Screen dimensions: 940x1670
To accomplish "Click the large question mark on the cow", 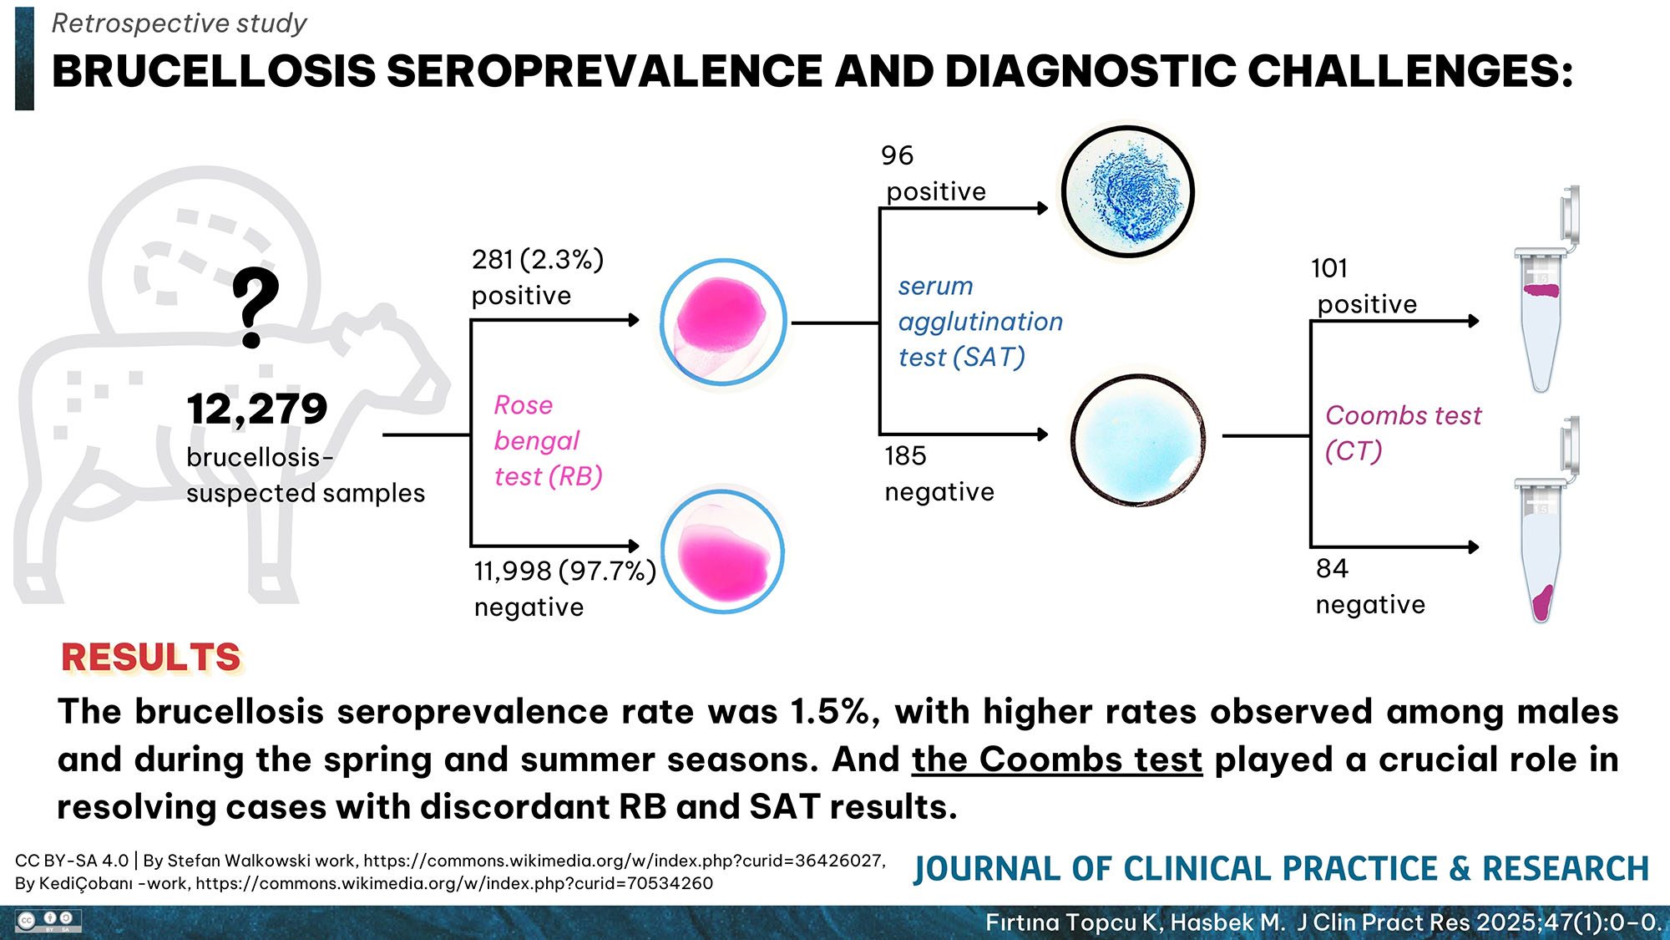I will [x=255, y=307].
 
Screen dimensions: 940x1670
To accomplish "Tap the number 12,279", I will [x=257, y=409].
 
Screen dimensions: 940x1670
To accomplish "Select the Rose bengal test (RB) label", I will [x=548, y=440].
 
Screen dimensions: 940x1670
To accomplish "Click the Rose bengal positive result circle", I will [x=723, y=323].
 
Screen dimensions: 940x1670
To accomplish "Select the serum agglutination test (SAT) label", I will [x=979, y=322].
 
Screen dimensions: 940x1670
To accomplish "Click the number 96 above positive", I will [x=898, y=155].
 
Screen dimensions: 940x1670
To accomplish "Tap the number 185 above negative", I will [x=905, y=456].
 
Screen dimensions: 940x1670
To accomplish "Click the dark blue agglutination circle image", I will [x=1127, y=192].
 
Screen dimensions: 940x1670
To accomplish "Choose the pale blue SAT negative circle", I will [x=1137, y=440].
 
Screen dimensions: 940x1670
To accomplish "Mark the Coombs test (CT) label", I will [x=1403, y=433].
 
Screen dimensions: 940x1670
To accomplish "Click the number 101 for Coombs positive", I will [x=1329, y=268].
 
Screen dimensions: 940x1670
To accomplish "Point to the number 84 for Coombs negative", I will [x=1332, y=569].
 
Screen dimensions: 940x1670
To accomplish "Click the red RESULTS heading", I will [x=151, y=658].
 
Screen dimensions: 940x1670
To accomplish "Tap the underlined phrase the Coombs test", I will [x=1056, y=760].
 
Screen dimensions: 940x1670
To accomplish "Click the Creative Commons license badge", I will [x=49, y=922].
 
